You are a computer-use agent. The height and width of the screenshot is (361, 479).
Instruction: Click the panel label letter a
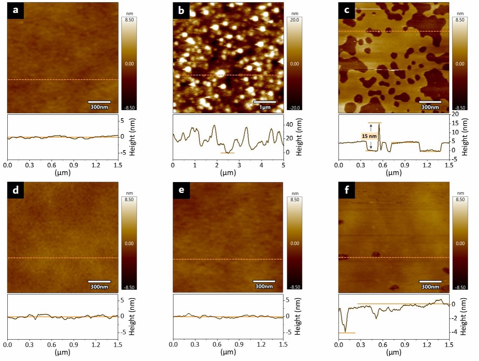tap(15, 10)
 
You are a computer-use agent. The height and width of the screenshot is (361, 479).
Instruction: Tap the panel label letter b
tap(181, 10)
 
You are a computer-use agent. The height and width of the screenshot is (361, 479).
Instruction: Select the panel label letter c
tap(346, 10)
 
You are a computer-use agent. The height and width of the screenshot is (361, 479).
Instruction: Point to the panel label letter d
tap(15, 190)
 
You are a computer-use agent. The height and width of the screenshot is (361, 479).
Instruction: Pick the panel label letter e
tap(181, 190)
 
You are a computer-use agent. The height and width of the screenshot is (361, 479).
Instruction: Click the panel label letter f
tap(346, 190)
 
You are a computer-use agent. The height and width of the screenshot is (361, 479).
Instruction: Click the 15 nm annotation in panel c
tap(369, 136)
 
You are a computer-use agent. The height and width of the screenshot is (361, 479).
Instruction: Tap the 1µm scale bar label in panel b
tap(265, 107)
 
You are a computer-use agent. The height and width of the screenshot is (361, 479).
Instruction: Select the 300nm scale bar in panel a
tap(99, 102)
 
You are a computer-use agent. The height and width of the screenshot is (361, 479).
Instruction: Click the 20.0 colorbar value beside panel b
tap(295, 20)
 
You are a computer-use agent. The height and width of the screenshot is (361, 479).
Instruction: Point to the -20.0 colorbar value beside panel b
tap(295, 108)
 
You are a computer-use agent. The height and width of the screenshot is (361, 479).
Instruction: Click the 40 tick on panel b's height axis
tap(289, 125)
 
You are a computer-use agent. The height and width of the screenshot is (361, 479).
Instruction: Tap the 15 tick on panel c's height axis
tap(455, 123)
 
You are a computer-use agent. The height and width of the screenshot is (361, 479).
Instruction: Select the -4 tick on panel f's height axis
tap(453, 332)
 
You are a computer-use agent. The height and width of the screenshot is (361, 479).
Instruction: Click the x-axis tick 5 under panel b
tap(283, 165)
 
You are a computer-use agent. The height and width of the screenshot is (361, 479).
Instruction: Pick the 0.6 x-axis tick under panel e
tap(217, 345)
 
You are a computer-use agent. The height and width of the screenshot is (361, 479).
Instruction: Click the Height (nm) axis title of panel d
tap(132, 316)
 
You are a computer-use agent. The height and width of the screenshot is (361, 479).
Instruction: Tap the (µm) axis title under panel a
tap(62, 173)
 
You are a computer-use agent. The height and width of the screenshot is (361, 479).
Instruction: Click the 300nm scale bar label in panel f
tap(430, 287)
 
